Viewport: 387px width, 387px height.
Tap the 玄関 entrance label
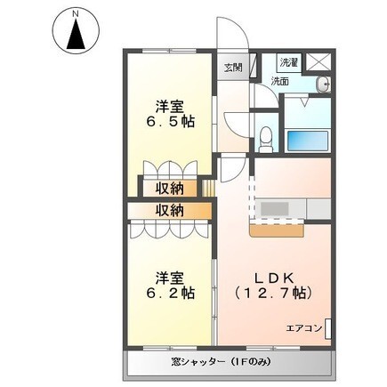[232, 67]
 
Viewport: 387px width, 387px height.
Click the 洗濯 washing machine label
[289, 63]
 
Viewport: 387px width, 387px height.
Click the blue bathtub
[307, 141]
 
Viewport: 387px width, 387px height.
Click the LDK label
[270, 273]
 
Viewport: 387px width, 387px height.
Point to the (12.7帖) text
[271, 291]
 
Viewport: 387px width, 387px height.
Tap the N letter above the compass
[76, 13]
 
